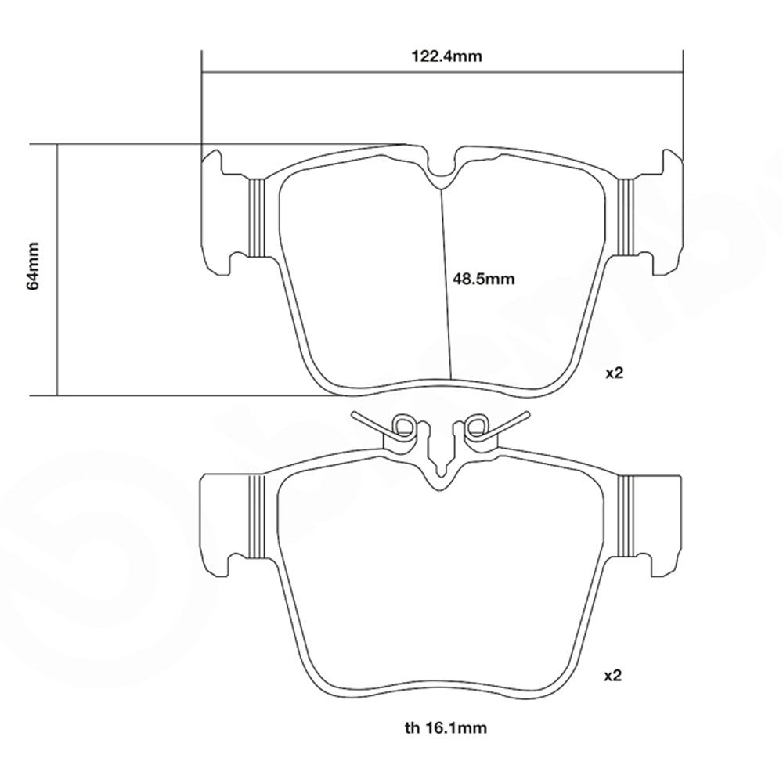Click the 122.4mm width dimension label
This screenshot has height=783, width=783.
tap(446, 56)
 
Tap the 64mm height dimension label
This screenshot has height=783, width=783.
tap(33, 266)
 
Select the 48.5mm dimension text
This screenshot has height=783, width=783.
tap(483, 278)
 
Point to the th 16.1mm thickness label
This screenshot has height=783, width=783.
tap(446, 728)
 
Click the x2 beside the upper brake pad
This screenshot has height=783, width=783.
tap(615, 373)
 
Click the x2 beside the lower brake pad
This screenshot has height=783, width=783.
tap(613, 676)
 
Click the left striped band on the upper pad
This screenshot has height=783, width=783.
tap(256, 218)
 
